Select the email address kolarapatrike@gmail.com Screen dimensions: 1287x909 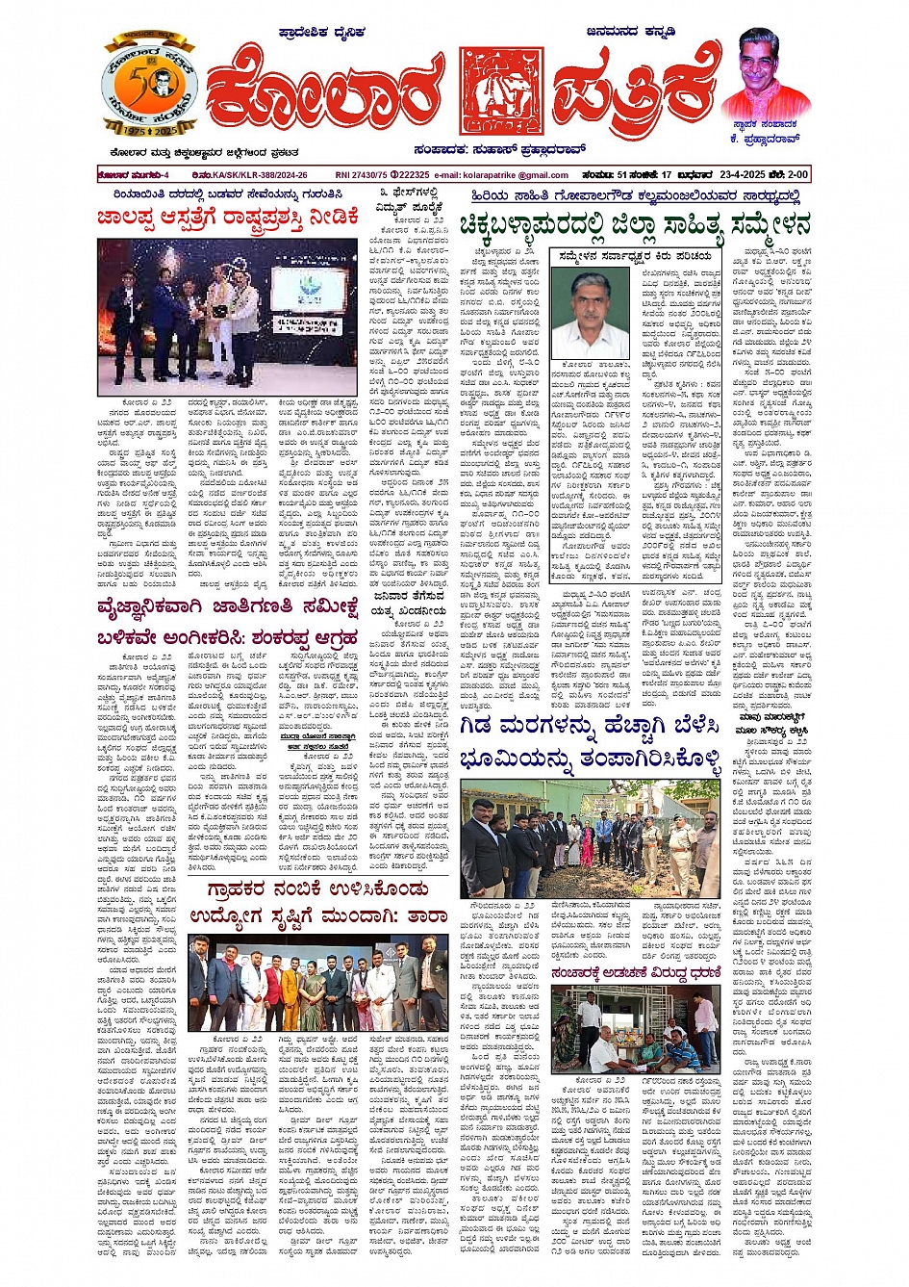pyautogui.click(x=516, y=175)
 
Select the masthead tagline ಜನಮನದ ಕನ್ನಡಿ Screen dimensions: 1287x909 pyautogui.click(x=630, y=33)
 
